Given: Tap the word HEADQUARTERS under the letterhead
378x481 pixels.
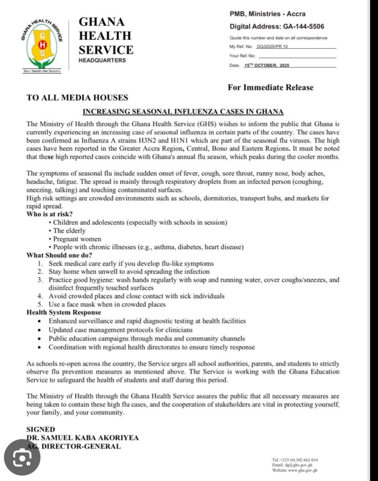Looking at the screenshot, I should coord(102,61).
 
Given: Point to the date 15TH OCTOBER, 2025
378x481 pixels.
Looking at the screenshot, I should coord(267,65).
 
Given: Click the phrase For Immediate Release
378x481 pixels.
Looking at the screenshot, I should coord(270,87).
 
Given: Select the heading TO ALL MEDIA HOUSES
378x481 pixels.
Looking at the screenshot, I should coord(77,98).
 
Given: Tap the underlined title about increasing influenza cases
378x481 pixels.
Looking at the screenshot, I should coord(183,112).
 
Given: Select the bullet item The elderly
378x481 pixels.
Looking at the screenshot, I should coord(70,230).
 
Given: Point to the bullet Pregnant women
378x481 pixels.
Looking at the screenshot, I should coord(77,239).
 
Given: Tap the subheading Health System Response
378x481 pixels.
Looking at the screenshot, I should coord(63,312).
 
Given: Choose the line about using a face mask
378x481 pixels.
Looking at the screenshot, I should coord(107,304).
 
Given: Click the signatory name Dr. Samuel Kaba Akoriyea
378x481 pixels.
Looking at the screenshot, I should coord(83,437).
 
